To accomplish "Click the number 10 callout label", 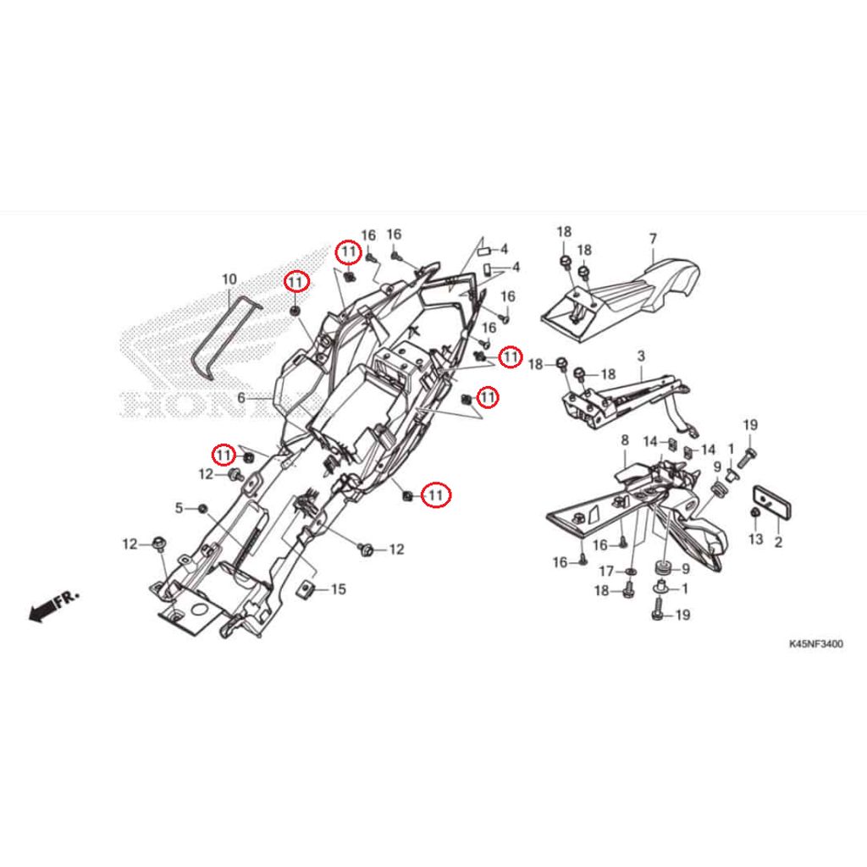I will click(x=229, y=279).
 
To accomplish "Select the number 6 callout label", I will click(x=241, y=397).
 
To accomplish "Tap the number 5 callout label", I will click(x=179, y=508).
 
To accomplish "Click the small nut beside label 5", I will click(x=202, y=508).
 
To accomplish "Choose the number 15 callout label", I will click(x=338, y=589).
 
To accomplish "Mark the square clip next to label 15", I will click(x=309, y=589).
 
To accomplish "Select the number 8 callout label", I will click(x=625, y=440).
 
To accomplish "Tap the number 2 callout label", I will click(x=777, y=539).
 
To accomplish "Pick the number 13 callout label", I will click(x=755, y=539).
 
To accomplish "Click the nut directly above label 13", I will click(x=754, y=514).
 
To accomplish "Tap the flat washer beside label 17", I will click(x=632, y=572).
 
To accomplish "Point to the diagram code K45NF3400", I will click(x=816, y=644).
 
